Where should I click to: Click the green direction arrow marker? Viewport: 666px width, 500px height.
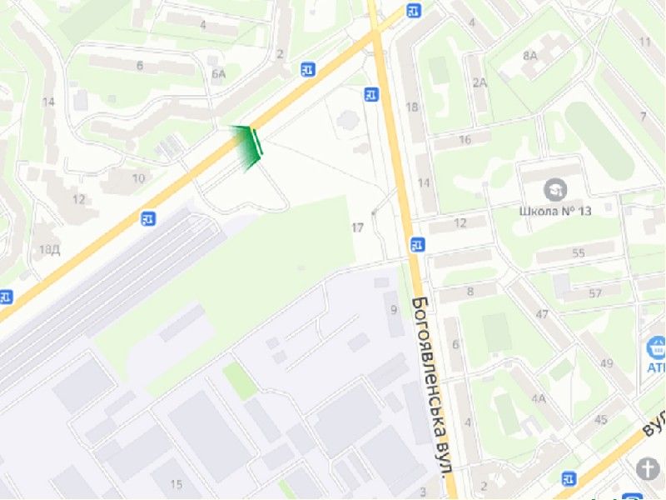247,147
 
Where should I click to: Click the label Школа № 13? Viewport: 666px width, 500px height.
555,211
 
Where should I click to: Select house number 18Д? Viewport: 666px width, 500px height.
49,249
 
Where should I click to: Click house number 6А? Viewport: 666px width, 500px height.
219,74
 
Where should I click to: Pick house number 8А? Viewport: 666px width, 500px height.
530,56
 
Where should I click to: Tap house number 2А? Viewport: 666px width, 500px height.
480,82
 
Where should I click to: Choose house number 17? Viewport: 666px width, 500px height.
358,227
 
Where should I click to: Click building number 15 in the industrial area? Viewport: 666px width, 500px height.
176,484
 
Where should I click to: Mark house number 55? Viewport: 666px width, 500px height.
579,252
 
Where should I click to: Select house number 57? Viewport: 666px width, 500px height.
594,293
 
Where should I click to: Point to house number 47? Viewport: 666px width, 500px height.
543,314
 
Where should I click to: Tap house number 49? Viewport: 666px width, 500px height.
605,362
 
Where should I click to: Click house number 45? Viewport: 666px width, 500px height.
601,419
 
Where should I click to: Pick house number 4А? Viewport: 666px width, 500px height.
539,398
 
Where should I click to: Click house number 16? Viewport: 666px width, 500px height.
465,139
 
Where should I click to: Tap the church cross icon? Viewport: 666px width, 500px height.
648,469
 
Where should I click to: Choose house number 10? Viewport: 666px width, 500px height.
138,178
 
